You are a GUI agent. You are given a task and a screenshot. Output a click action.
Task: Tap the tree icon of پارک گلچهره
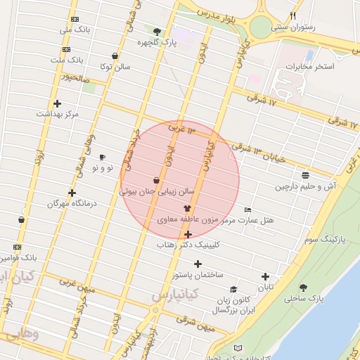click(x=156, y=31)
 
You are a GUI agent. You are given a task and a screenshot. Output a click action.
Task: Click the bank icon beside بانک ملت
click(x=66, y=49)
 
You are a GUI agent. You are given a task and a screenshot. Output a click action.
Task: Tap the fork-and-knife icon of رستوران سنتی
click(x=293, y=15)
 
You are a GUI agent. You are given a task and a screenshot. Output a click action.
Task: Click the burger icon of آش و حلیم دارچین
click(x=305, y=174)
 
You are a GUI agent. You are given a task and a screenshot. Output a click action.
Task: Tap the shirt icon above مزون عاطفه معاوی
click(x=187, y=208)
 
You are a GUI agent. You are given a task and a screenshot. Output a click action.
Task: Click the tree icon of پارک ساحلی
click(x=303, y=288)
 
